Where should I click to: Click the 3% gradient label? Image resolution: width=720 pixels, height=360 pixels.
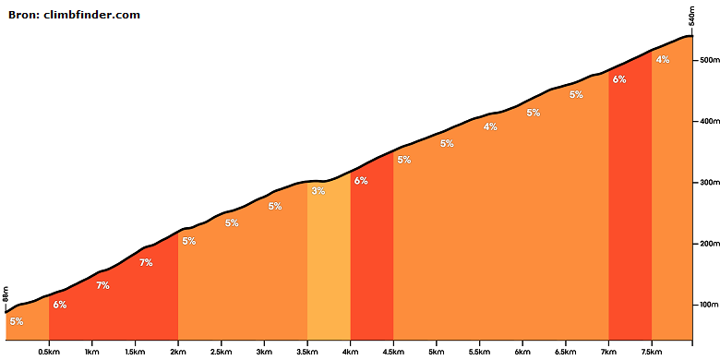[318, 191]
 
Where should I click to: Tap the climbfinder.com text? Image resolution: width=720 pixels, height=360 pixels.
[91, 15]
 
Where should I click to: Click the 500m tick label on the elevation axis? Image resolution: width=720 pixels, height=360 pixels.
[709, 60]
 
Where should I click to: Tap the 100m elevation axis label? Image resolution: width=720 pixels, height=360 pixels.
[709, 305]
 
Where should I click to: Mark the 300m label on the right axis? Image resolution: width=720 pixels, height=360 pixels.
[709, 182]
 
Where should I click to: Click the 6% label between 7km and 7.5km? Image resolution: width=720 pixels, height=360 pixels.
[619, 79]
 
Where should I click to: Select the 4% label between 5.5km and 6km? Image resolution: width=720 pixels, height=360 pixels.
[490, 126]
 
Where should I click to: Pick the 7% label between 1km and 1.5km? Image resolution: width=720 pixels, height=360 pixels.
[102, 285]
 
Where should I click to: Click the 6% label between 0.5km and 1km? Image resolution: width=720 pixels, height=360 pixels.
[60, 304]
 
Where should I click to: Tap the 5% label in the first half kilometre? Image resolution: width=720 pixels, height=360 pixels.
[17, 321]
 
